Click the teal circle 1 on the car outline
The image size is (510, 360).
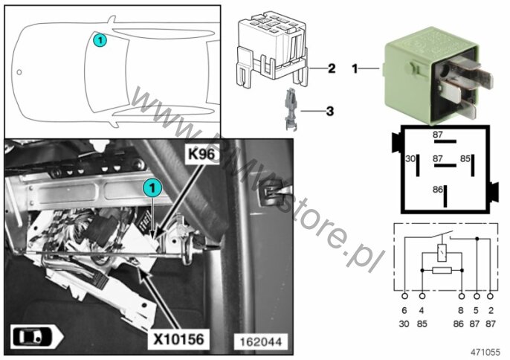[100, 40]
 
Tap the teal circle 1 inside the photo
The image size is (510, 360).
[152, 188]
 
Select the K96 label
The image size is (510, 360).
[202, 154]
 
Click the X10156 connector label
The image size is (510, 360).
[178, 339]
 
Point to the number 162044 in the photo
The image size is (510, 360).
[260, 341]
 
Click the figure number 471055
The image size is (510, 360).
[485, 352]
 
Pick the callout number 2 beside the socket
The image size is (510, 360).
[332, 68]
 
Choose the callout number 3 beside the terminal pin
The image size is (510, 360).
[330, 112]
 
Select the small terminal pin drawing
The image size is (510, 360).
[291, 109]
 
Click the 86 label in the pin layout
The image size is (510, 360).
[437, 189]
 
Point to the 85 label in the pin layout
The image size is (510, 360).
[465, 158]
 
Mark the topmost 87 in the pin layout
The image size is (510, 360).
[437, 135]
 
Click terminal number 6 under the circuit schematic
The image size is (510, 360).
[404, 310]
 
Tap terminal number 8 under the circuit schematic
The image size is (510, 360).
[461, 310]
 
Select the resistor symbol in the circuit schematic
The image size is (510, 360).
[442, 270]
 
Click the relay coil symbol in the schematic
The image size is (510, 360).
[442, 253]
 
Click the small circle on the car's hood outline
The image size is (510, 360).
[19, 72]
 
